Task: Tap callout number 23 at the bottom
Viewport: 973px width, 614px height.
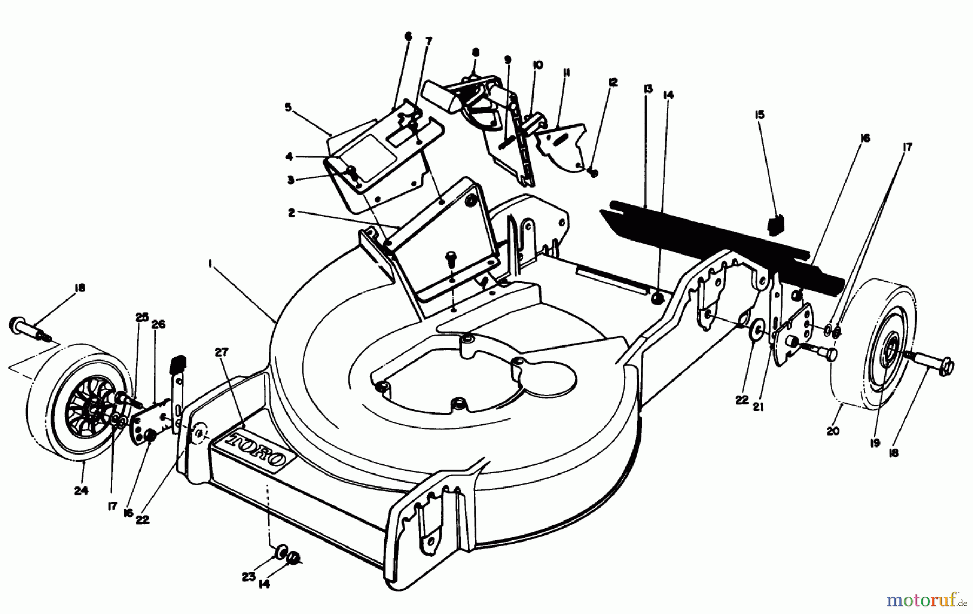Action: tap(248, 577)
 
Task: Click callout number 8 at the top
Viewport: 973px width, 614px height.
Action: tap(476, 52)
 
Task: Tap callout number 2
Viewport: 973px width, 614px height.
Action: tap(291, 213)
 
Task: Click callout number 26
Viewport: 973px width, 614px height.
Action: tap(158, 324)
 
